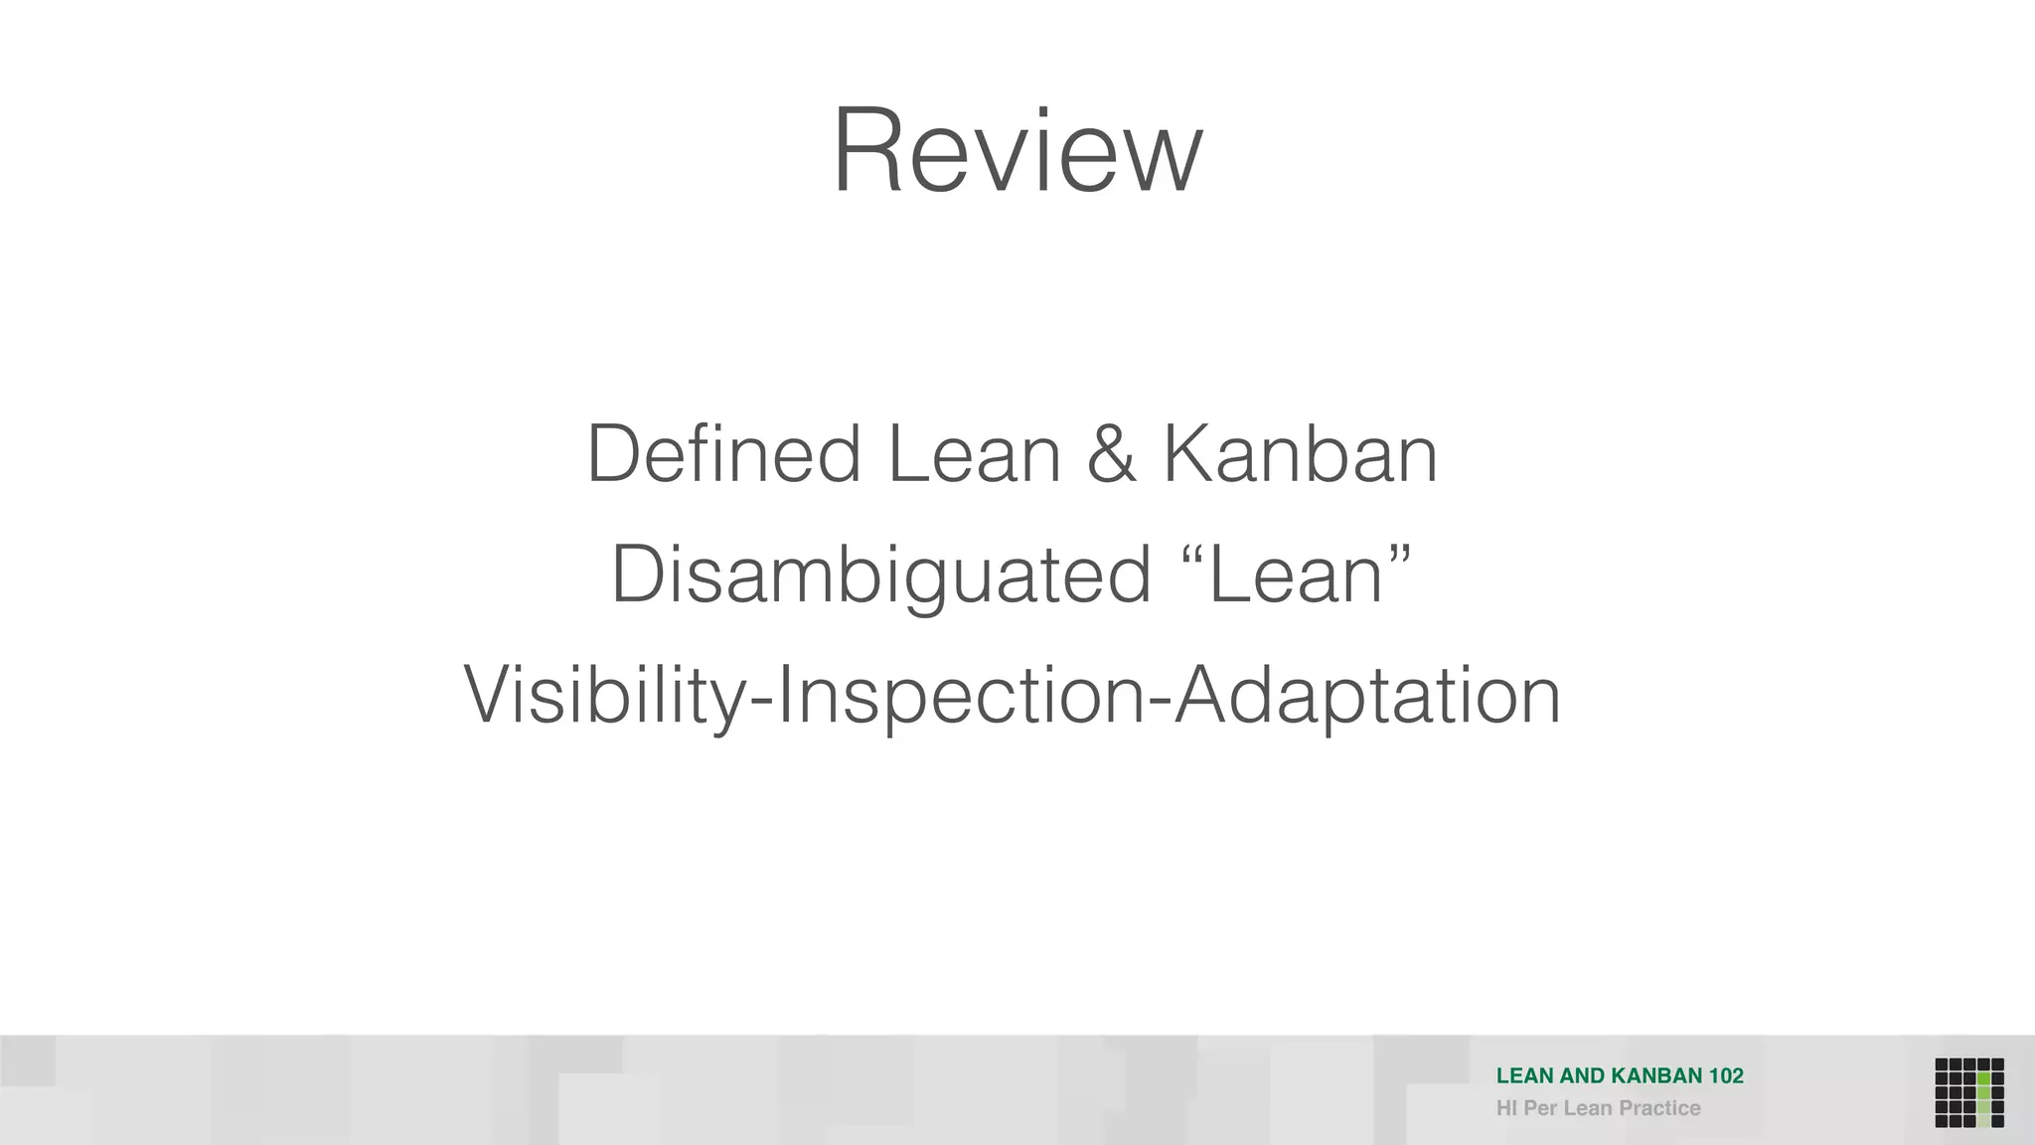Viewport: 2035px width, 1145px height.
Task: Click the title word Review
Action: pos(1017,151)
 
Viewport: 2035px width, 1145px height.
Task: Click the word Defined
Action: pos(723,454)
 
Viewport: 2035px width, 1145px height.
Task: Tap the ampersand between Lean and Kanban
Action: pos(1111,454)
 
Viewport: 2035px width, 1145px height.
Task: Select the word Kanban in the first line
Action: pos(1300,454)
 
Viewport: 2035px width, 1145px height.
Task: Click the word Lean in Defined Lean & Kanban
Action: pos(974,454)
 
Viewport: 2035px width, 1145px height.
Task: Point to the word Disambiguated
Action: pos(880,576)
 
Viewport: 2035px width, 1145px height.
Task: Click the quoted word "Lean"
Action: pos(1297,576)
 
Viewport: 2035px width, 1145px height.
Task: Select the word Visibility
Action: pos(604,696)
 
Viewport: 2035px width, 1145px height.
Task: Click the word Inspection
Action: pos(960,696)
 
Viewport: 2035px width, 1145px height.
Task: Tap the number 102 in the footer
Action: pos(1726,1075)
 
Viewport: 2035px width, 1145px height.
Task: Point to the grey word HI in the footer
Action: pos(1506,1108)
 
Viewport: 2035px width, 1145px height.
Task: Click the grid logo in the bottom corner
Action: pos(1968,1092)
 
